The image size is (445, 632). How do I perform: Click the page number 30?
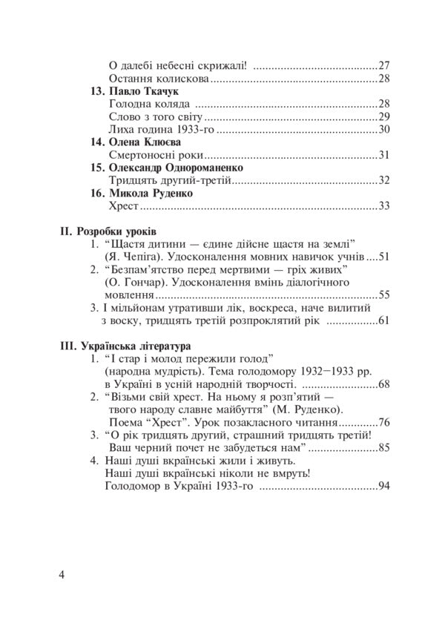click(383, 129)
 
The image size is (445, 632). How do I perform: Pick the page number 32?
click(383, 180)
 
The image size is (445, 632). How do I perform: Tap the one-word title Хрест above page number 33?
click(123, 206)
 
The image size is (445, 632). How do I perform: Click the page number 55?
click(383, 295)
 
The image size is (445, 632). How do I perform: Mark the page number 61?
click(383, 320)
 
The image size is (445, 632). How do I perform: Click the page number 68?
click(383, 384)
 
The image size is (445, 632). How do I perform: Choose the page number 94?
click(383, 487)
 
